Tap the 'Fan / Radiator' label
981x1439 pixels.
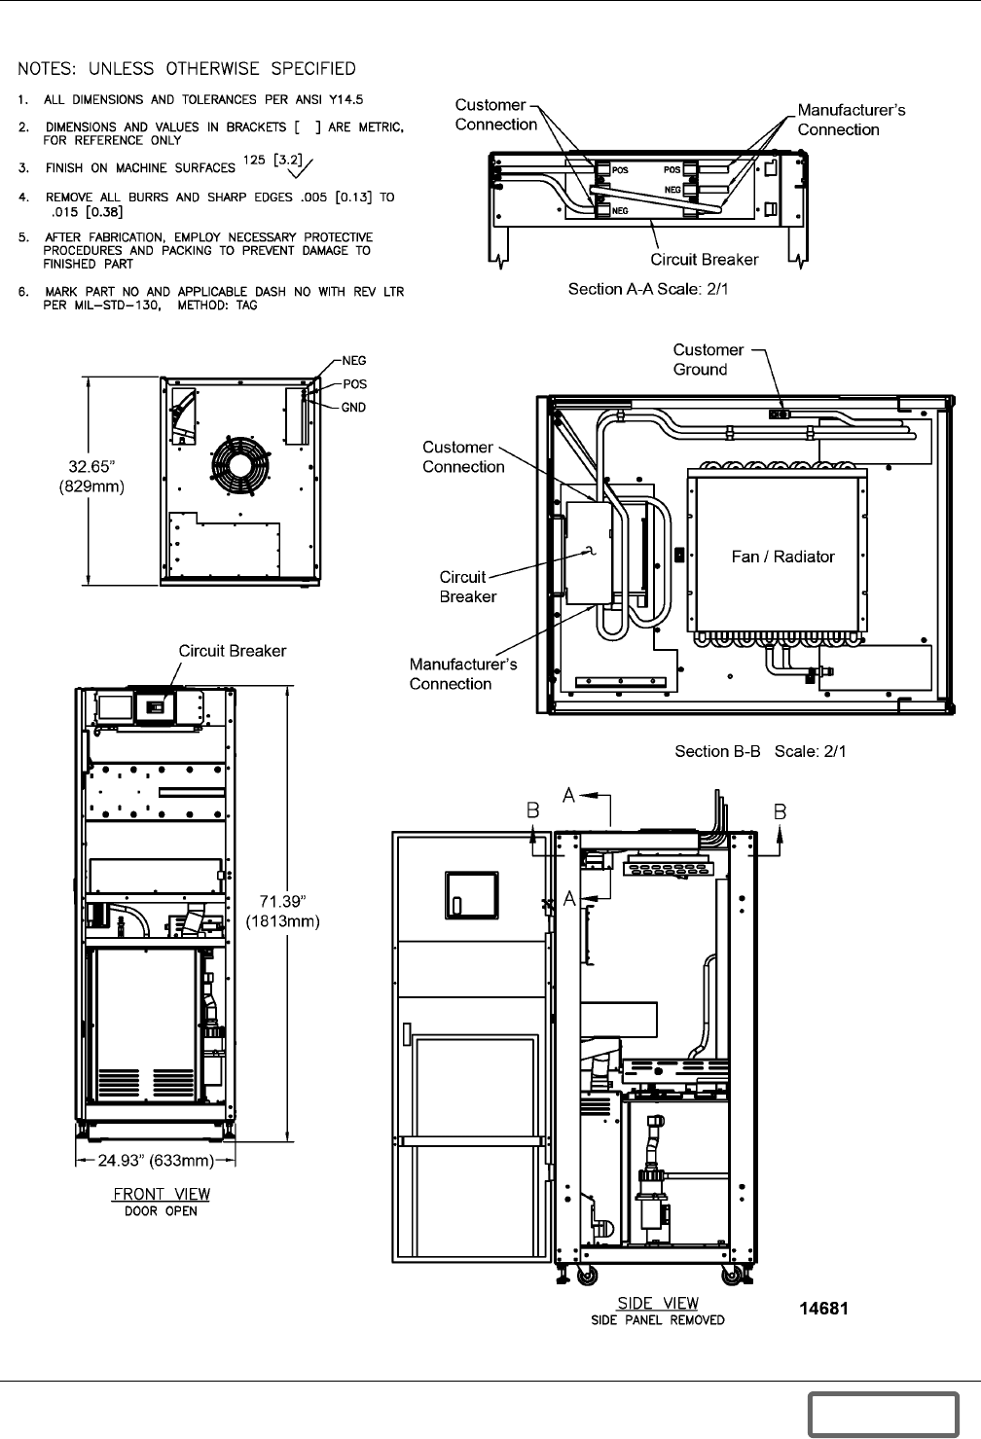pyautogui.click(x=782, y=557)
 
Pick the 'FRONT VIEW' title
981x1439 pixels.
pyautogui.click(x=162, y=1194)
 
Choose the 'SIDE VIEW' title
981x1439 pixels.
pyautogui.click(x=658, y=1303)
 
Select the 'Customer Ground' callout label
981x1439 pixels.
pyautogui.click(x=708, y=359)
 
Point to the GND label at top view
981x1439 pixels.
pyautogui.click(x=353, y=408)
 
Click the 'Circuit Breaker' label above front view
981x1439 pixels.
pyautogui.click(x=232, y=651)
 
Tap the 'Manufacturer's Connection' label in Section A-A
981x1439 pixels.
pyautogui.click(x=851, y=120)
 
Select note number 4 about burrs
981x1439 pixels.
pyautogui.click(x=219, y=204)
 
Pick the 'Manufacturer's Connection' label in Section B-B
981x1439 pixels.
pyautogui.click(x=462, y=673)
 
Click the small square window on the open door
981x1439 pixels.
pyautogui.click(x=471, y=892)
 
